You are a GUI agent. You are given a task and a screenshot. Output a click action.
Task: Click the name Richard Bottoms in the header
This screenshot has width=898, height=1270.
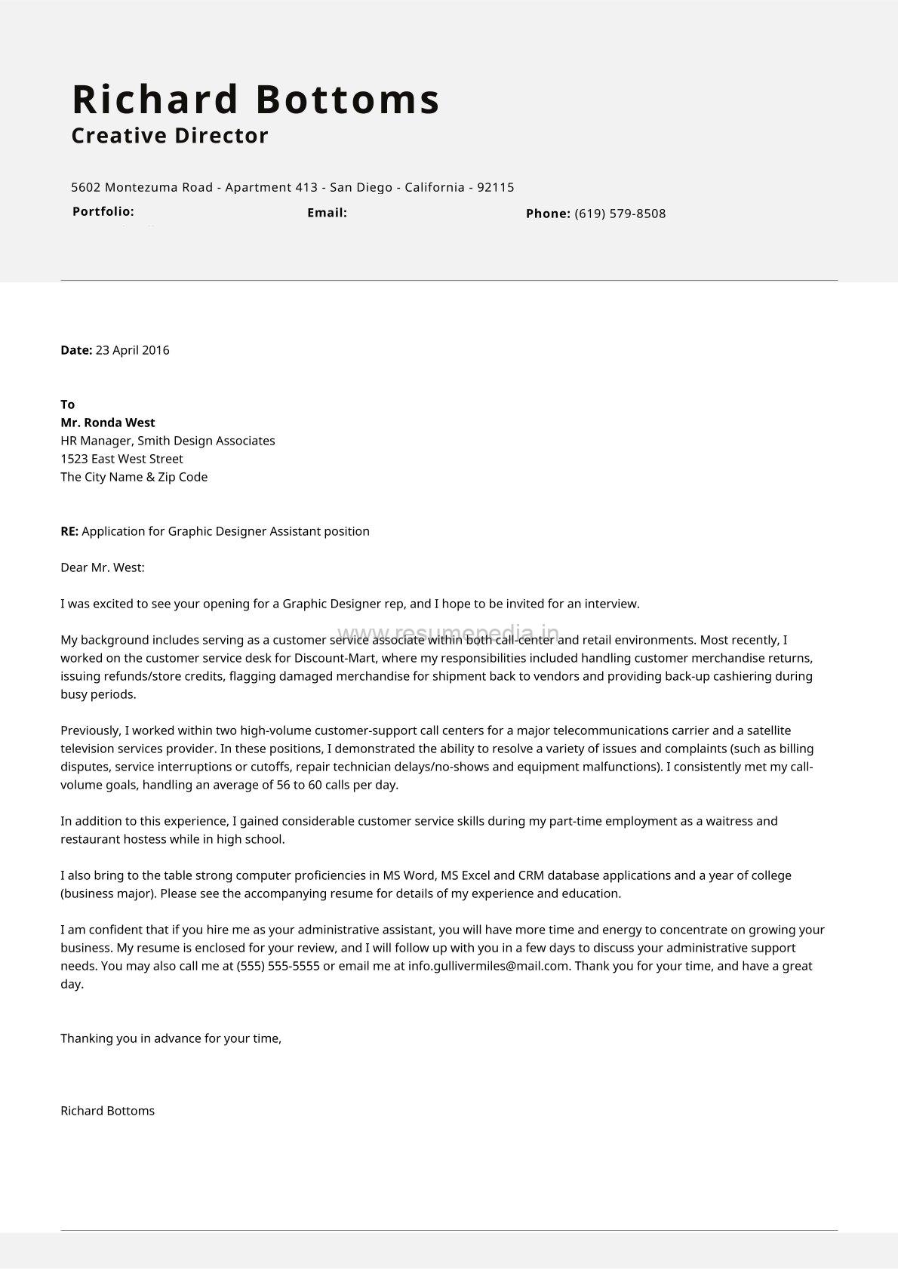[256, 100]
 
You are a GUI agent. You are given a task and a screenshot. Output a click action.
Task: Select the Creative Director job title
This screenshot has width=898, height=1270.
[170, 136]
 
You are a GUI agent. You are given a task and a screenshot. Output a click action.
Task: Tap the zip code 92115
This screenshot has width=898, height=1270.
[496, 187]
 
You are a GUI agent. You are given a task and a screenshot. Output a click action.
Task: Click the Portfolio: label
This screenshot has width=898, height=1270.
[103, 211]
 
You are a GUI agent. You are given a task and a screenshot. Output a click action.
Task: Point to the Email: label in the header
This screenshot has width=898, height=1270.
[327, 213]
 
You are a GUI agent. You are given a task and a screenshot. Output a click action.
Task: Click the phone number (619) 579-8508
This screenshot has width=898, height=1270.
[620, 214]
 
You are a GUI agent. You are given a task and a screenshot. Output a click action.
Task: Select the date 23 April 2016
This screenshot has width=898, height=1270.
[132, 350]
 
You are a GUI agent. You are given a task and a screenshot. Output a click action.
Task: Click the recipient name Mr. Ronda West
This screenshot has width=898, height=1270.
[107, 423]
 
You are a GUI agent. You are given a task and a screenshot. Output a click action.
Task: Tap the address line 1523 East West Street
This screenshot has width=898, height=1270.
[121, 459]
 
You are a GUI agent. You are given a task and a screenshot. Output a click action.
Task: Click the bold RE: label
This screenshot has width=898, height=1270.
[69, 531]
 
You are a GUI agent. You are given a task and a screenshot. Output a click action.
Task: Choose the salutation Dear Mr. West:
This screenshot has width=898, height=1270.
[102, 567]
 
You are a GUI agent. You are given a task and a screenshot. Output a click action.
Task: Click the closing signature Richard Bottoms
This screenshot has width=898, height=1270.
[107, 1111]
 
